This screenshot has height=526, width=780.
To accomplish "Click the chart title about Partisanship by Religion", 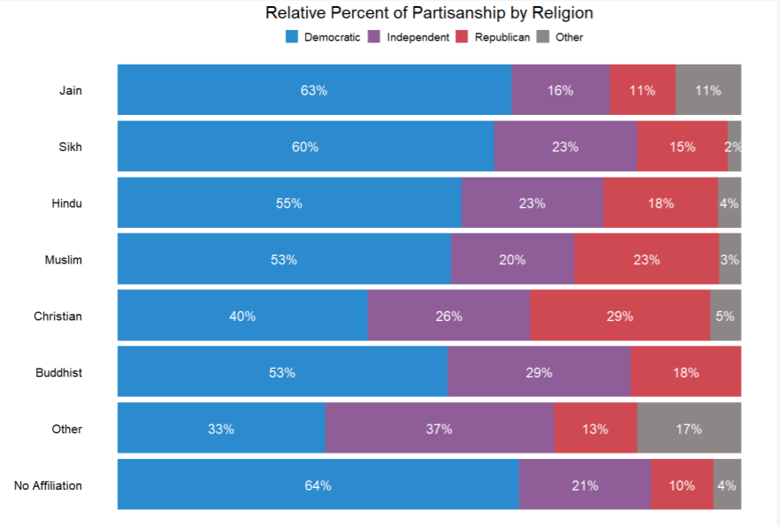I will tap(429, 13).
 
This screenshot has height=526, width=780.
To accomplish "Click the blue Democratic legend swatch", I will tap(291, 37).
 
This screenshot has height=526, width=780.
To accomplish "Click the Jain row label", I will tap(70, 90).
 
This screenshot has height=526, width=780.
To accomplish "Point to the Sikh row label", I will tap(70, 147).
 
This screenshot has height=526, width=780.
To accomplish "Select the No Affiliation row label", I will tap(48, 485).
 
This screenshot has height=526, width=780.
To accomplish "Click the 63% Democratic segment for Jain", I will tap(314, 90).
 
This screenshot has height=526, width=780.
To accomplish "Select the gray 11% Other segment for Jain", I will tap(707, 90).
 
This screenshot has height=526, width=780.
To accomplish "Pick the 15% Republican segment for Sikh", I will tap(682, 147).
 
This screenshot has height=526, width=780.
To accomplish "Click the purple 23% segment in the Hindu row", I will tap(531, 203).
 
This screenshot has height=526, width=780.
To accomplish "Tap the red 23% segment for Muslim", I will tap(646, 260).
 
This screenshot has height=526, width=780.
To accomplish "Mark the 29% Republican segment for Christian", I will tap(620, 316).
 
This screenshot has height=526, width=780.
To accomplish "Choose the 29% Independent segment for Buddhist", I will tap(539, 372).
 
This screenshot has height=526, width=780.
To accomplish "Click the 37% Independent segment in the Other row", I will tap(439, 429).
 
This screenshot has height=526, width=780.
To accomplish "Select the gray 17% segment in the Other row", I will tap(689, 429).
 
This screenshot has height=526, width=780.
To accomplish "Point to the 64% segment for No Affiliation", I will tap(317, 485).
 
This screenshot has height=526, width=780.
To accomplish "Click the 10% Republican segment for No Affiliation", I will tap(682, 485).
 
